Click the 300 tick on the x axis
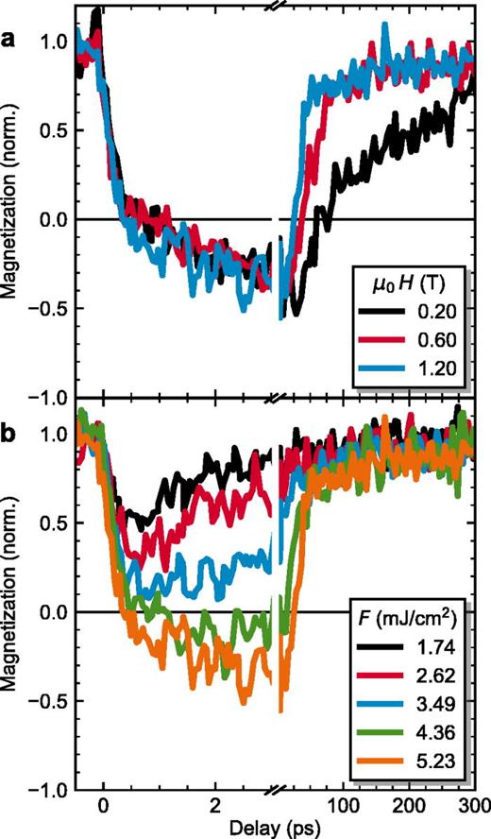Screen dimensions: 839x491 pyautogui.click(x=473, y=804)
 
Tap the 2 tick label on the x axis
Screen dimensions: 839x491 pyautogui.click(x=216, y=804)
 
